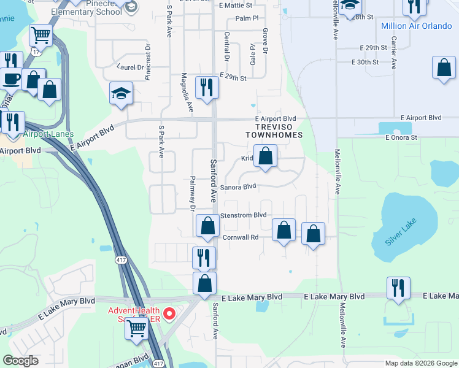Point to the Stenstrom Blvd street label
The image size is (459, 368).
click(244, 215)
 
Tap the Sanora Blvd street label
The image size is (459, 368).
click(237, 187)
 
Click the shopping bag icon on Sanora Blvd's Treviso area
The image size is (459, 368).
click(265, 156)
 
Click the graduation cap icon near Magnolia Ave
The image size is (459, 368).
click(121, 94)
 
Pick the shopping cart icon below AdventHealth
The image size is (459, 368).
click(136, 328)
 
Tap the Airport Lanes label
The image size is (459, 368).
click(48, 134)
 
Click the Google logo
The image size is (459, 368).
click(20, 361)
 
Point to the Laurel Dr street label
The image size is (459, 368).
click(128, 67)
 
